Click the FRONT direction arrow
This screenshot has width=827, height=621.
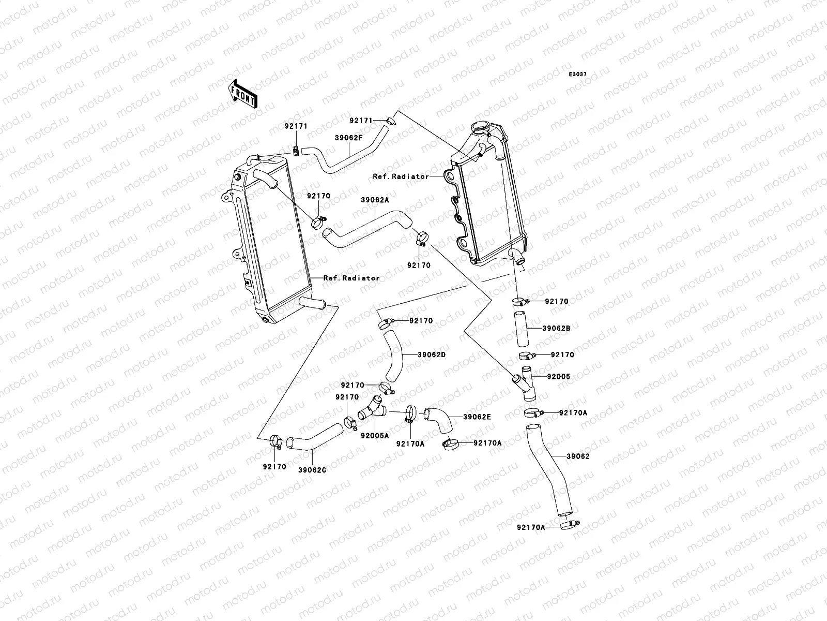(242, 94)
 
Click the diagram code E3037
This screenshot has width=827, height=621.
(577, 75)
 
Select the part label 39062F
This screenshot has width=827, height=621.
(348, 138)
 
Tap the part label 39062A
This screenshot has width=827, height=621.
(375, 200)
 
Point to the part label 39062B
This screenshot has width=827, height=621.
(557, 329)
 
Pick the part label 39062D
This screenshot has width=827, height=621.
(432, 355)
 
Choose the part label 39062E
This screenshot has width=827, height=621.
(478, 417)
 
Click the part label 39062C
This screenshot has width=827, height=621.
(312, 470)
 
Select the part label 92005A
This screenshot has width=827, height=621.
(375, 436)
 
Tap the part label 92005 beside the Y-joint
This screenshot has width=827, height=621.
(559, 376)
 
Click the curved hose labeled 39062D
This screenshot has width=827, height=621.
(393, 356)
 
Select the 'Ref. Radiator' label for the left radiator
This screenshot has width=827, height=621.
(351, 278)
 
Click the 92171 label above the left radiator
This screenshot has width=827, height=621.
(296, 126)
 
